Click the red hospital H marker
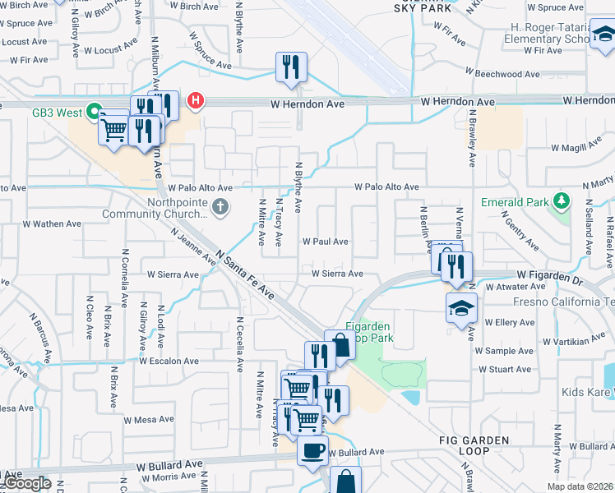[196, 102]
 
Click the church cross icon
[220, 208]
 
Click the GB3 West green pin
[95, 111]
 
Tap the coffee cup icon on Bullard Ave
[312, 451]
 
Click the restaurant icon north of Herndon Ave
[289, 67]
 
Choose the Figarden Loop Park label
[369, 332]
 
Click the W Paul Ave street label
[325, 242]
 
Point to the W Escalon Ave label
[169, 361]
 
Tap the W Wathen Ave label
[52, 223]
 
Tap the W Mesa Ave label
[149, 419]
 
